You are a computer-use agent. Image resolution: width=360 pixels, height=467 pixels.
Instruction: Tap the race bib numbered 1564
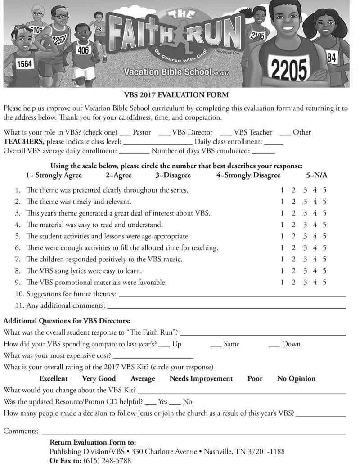[24, 64]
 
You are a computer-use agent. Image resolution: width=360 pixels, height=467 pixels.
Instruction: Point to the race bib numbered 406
[83, 50]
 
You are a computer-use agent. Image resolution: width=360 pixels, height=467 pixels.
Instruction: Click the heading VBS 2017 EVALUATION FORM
[176, 95]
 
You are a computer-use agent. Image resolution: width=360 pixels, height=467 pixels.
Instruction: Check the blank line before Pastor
[125, 133]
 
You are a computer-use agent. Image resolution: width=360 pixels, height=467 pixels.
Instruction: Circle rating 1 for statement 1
[282, 190]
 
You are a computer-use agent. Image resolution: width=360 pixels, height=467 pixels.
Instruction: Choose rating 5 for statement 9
[324, 283]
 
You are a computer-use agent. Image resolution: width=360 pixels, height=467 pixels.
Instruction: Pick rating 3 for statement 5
[305, 236]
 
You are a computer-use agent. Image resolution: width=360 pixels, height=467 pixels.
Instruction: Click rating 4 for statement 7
[315, 260]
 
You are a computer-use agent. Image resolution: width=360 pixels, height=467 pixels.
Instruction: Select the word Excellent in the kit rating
[54, 379]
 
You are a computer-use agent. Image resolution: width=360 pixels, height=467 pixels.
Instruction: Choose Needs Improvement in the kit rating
[201, 379]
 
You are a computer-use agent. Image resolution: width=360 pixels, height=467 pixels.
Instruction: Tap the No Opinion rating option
[296, 379]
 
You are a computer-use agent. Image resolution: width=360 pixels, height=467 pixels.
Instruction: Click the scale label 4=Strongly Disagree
[248, 175]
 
